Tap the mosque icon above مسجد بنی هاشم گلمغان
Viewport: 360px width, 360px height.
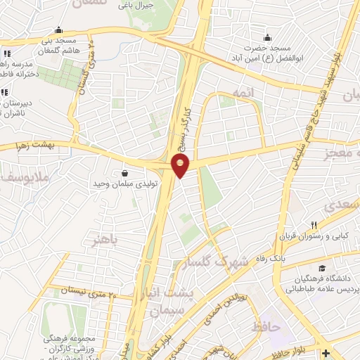pos(58,30)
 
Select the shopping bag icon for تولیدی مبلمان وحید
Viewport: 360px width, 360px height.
pos(124,173)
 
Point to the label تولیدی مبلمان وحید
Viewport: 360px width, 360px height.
pos(125,184)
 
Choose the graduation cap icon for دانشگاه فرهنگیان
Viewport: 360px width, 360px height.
pos(322,268)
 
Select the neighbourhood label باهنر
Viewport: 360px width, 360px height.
pos(105,241)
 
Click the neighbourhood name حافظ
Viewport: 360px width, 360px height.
pos(266,326)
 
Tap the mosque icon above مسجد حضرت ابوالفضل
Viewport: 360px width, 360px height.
pos(267,37)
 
